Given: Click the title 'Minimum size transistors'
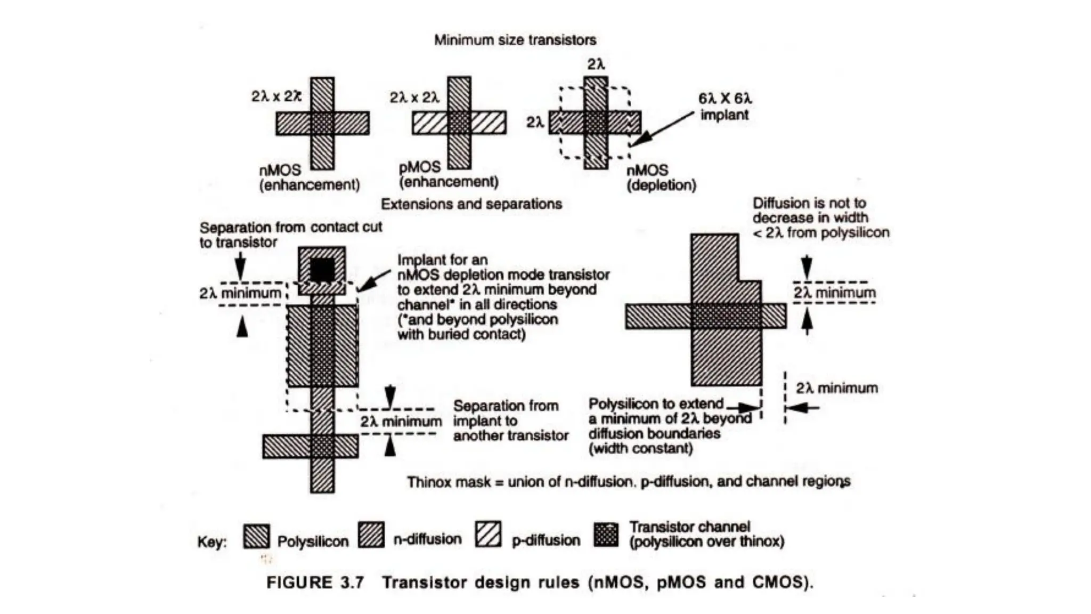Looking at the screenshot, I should click(515, 40).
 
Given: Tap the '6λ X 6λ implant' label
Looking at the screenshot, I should click(724, 107).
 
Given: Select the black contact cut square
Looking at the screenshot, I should click(322, 270).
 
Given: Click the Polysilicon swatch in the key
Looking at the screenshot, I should click(256, 536).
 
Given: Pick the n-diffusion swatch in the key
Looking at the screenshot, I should click(371, 535).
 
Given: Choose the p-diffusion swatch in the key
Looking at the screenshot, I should click(488, 535).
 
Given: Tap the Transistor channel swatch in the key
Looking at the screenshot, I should click(606, 535).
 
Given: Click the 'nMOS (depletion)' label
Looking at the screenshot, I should click(661, 177).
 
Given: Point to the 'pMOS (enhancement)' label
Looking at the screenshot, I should click(448, 175).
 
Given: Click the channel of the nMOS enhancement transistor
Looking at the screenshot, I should click(322, 123).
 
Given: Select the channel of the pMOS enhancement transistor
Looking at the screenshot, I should click(459, 123).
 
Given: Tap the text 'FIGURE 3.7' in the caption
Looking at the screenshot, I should click(315, 582).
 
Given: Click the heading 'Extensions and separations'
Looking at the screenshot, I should click(471, 204).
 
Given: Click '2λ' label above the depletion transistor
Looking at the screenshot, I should click(596, 64).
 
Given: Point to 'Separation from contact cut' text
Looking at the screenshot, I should click(290, 228).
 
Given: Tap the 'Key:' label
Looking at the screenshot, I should click(211, 542).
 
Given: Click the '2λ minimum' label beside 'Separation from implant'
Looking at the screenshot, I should click(401, 422).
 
